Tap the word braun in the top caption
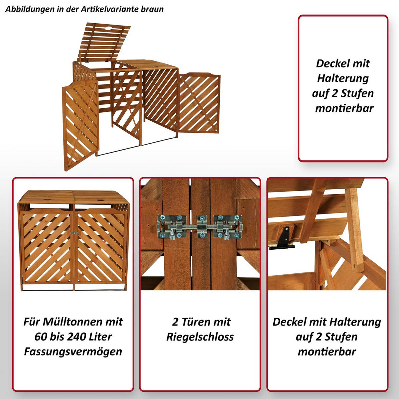[x=152, y=9]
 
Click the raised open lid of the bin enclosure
[x=103, y=42]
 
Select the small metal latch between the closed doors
[x=74, y=233]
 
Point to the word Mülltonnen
[x=72, y=322]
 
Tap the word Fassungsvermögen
[x=73, y=351]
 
